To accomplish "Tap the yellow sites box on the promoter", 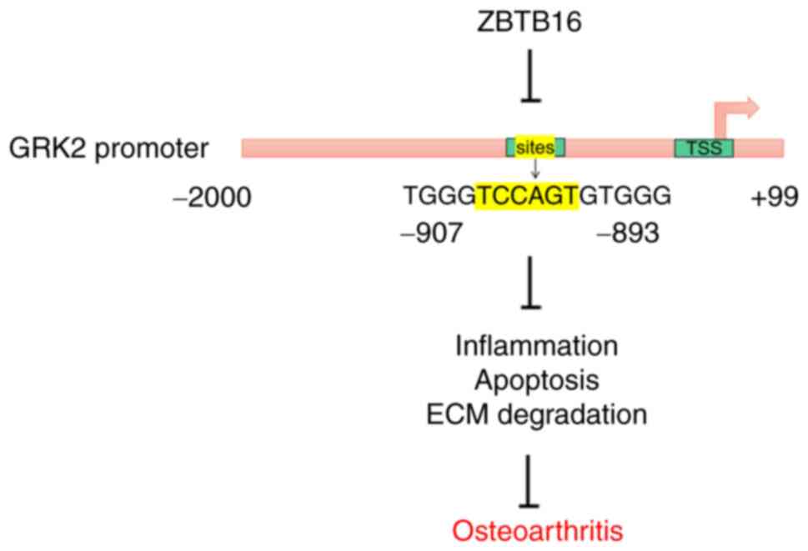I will pyautogui.click(x=535, y=148).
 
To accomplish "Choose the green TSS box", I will pyautogui.click(x=703, y=148).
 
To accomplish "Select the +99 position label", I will pyautogui.click(x=774, y=198).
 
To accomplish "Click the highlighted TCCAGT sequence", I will pyautogui.click(x=526, y=196).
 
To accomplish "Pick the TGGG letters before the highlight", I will pyautogui.click(x=439, y=196).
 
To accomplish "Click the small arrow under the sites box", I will pyautogui.click(x=535, y=169).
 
